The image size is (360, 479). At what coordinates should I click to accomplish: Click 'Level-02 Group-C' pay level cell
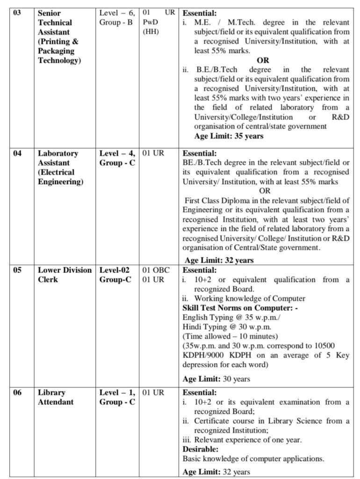[x=115, y=275]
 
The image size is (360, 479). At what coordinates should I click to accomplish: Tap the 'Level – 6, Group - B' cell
[x=117, y=18]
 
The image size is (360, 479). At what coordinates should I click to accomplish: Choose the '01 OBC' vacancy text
[x=156, y=270]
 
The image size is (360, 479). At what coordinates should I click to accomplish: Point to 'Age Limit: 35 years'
[x=229, y=136]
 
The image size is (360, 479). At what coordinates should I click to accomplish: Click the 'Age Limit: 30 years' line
[x=216, y=379]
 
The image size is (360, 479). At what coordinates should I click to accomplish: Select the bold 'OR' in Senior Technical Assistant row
[x=263, y=60]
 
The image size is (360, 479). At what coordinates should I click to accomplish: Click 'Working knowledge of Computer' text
[x=250, y=298]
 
